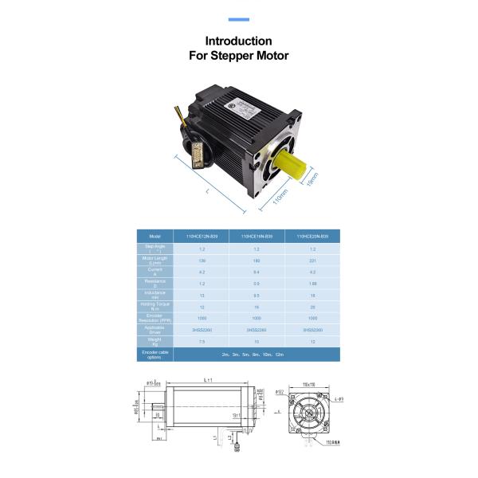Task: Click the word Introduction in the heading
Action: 238,41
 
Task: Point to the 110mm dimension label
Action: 280,195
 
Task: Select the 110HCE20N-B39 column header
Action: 311,237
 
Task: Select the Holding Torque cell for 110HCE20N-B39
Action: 311,306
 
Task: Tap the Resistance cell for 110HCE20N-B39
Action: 311,283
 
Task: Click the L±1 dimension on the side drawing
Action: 209,380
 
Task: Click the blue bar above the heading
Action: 238,19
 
